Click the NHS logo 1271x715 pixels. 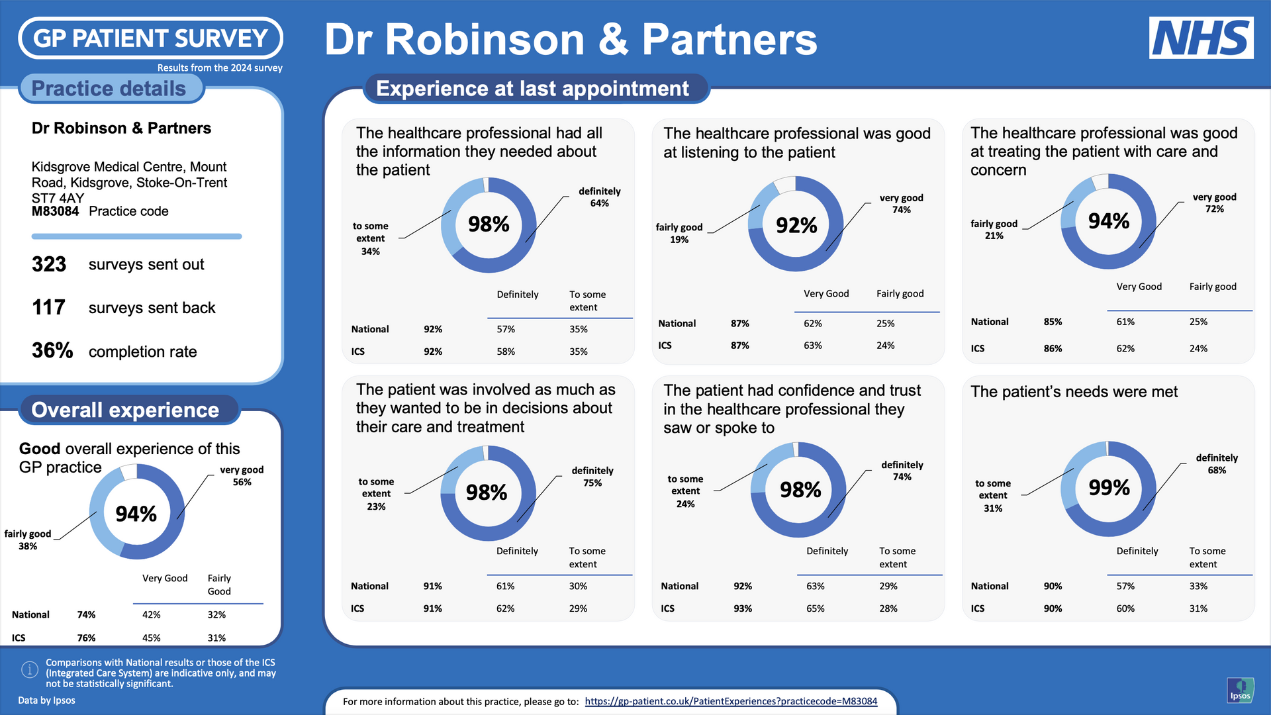[x=1201, y=38]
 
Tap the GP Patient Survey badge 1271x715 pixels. [x=150, y=38]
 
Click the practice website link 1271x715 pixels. [x=731, y=701]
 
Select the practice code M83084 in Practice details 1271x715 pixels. [x=55, y=211]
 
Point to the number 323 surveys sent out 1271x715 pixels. [x=49, y=264]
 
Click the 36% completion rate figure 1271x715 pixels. [x=52, y=350]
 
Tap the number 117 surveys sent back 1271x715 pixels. [x=49, y=307]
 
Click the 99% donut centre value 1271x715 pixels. [x=1109, y=488]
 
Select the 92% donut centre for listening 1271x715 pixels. [x=796, y=225]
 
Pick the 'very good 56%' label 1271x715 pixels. [x=242, y=476]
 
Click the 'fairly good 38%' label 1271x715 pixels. [x=28, y=540]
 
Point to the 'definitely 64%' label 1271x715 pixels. [x=599, y=197]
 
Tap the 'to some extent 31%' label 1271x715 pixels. [x=993, y=496]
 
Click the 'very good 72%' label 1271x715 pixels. [x=1214, y=203]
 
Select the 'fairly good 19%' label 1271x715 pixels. [x=679, y=233]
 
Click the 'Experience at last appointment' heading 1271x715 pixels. [x=532, y=89]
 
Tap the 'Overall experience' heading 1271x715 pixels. [x=125, y=410]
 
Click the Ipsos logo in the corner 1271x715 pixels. [x=1240, y=690]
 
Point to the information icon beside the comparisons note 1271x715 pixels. [x=30, y=670]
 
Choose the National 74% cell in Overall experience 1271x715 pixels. [x=86, y=614]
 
